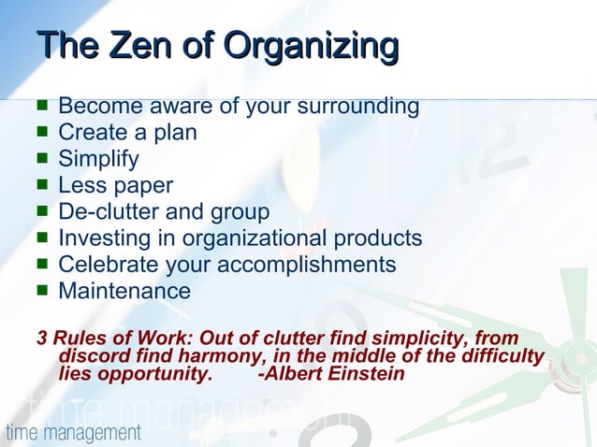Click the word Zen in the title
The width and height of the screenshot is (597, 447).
click(142, 46)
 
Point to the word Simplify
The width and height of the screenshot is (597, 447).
click(98, 159)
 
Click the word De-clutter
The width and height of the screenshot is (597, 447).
click(111, 212)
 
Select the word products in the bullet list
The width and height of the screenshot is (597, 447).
click(375, 238)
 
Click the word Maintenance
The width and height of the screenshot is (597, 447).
click(124, 291)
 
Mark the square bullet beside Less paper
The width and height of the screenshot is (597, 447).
click(42, 185)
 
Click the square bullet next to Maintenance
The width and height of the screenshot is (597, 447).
click(42, 290)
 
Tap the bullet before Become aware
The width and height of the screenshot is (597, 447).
click(42, 106)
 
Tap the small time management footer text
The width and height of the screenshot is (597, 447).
click(73, 432)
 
